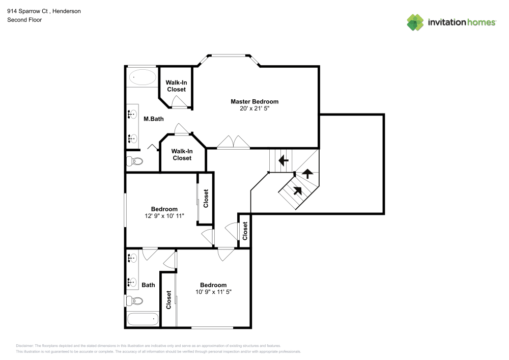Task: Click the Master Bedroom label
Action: coord(254,102)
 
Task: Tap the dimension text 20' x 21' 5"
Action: coord(254,108)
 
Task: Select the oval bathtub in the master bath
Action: coord(143,77)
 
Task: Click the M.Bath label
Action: coord(154,119)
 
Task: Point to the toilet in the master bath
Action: coord(134,161)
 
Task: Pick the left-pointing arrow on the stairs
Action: coord(284,160)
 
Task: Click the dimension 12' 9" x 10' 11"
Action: coord(164,215)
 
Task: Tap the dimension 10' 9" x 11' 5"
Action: coord(213,292)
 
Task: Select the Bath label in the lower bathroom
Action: coord(148,285)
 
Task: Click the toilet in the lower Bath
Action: coord(134,301)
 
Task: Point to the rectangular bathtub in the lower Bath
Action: coord(143,319)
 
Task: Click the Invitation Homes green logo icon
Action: coord(415,22)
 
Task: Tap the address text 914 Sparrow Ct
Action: coord(27,11)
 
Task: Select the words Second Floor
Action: coord(24,20)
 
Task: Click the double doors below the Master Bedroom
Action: coord(234,142)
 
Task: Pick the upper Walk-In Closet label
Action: coord(176,86)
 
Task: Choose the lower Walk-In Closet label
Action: coord(182,154)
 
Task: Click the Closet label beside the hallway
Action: coord(245,231)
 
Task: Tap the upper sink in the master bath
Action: coord(132,114)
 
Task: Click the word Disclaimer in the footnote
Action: coord(24,346)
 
